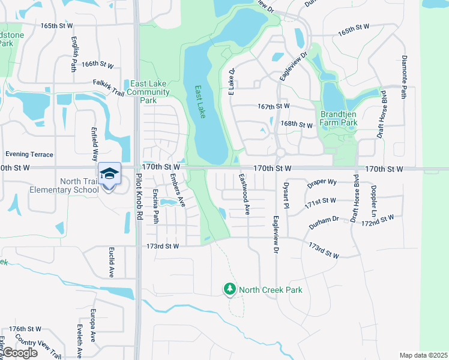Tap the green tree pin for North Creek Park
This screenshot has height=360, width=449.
pyautogui.click(x=229, y=290)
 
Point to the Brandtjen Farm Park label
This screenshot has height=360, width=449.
pyautogui.click(x=339, y=118)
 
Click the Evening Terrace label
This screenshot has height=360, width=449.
pyautogui.click(x=29, y=154)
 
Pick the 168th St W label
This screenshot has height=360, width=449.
pyautogui.click(x=297, y=124)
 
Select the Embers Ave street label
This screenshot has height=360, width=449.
pyautogui.click(x=177, y=190)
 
